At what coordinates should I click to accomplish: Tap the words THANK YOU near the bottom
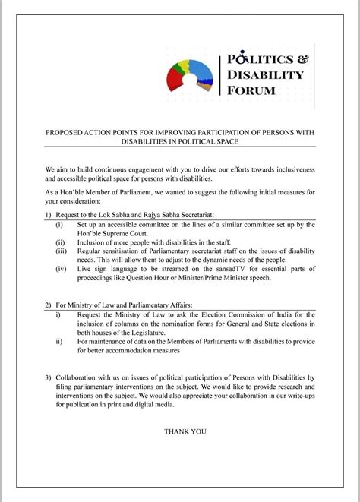pyautogui.click(x=185, y=431)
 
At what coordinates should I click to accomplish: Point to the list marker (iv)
pyautogui.click(x=61, y=268)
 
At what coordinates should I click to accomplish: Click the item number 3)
pyautogui.click(x=49, y=377)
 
